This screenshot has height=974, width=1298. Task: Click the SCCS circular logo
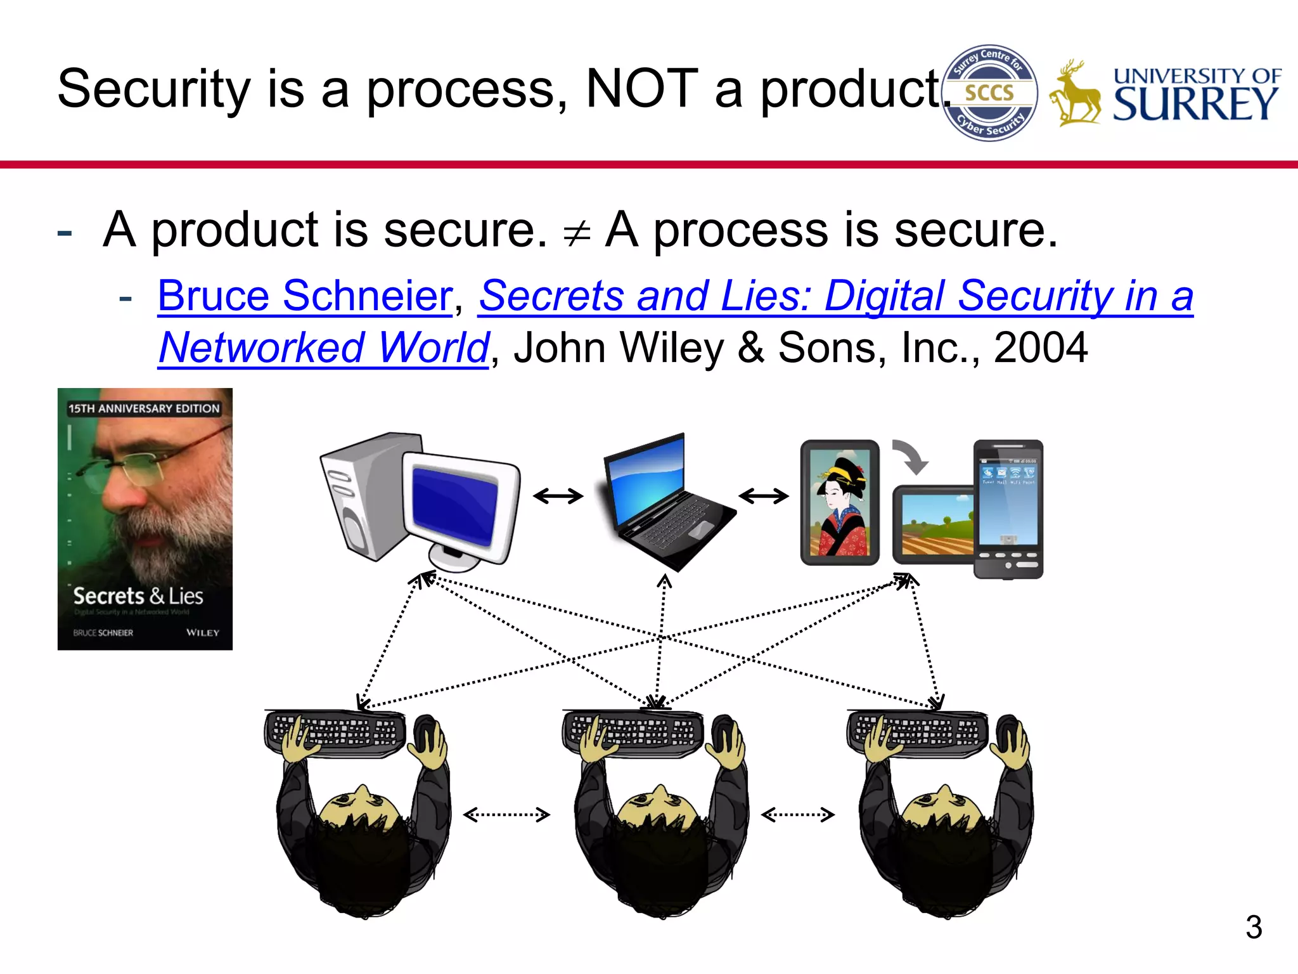[x=989, y=93]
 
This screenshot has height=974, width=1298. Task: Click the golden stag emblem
[x=1075, y=95]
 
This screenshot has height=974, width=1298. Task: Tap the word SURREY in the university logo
[x=1195, y=105]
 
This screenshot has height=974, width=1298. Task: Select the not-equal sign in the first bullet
[x=576, y=233]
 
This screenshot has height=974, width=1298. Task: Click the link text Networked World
[x=324, y=348]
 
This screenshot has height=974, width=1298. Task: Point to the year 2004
[x=1040, y=348]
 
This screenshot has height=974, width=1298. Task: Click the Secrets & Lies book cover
[x=145, y=519]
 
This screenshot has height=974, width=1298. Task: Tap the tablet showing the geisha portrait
[x=840, y=502]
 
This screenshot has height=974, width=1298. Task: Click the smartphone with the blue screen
[x=1008, y=509]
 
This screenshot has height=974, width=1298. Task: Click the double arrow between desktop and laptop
[x=558, y=496]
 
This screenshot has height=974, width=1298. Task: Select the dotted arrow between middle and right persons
[x=797, y=815]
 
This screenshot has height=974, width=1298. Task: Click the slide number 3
[x=1253, y=927]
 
